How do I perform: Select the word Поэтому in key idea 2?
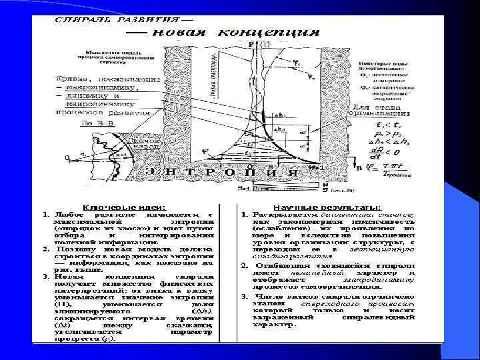[69, 249]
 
